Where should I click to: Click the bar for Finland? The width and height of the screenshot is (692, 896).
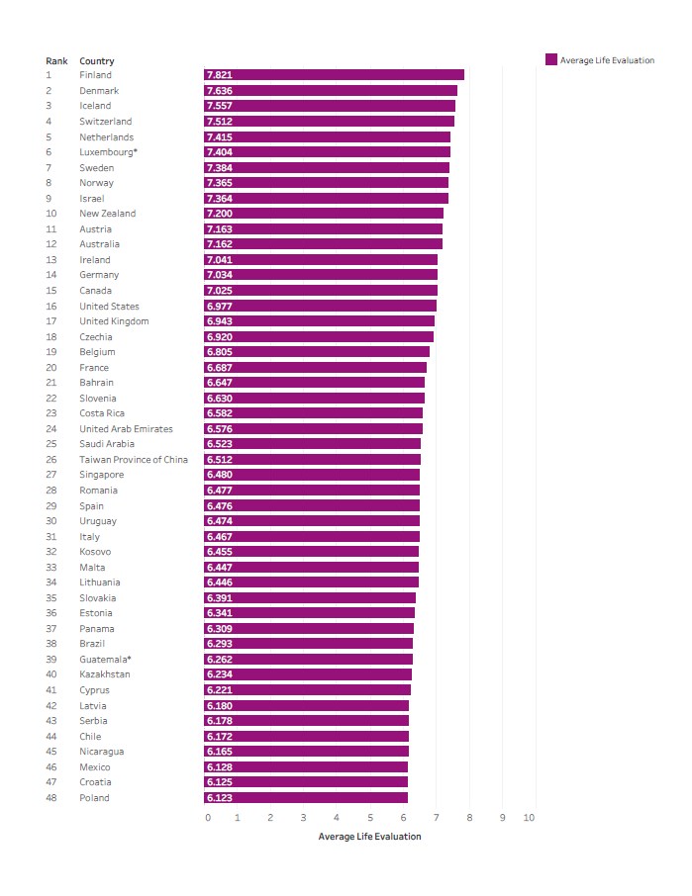(x=334, y=75)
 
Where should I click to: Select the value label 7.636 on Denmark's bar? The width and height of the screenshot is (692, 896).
(x=219, y=91)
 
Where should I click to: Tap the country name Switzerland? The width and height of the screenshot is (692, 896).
(x=105, y=122)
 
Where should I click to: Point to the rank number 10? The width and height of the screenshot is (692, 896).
(x=50, y=214)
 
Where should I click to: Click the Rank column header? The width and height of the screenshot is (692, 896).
(x=56, y=61)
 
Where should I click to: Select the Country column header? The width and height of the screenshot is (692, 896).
(x=96, y=61)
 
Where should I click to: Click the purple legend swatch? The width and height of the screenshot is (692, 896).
(x=551, y=59)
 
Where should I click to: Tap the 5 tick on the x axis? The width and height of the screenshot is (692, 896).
(x=370, y=818)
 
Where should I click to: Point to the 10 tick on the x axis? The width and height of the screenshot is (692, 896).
(x=530, y=818)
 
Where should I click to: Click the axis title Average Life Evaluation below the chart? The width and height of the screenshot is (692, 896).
(x=369, y=837)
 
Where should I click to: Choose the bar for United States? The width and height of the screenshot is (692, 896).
(x=320, y=307)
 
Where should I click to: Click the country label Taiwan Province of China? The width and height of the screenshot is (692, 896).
(x=134, y=460)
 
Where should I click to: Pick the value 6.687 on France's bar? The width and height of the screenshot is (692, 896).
(x=219, y=368)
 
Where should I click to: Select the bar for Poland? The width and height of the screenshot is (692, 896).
(x=306, y=798)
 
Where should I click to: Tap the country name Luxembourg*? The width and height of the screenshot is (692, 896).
(x=108, y=152)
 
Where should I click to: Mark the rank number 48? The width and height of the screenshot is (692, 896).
(x=50, y=798)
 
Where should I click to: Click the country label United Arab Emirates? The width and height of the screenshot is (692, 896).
(x=126, y=429)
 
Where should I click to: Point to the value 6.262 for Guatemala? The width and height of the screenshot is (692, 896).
(x=219, y=660)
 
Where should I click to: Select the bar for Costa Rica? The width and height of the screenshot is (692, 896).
(x=313, y=413)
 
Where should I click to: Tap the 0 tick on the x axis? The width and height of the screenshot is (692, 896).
(x=208, y=818)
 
